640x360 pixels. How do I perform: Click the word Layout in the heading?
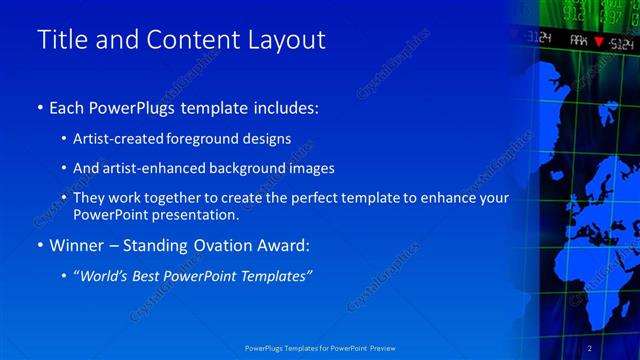point(288,40)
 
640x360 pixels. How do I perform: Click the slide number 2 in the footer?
point(590,347)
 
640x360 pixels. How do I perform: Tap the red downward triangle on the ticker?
point(598,42)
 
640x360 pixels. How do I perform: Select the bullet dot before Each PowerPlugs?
point(40,106)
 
